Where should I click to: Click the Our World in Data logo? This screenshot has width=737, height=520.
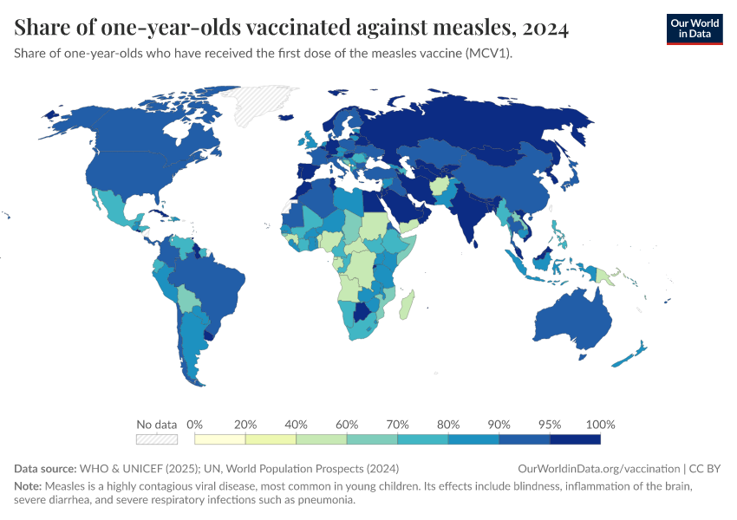point(694,29)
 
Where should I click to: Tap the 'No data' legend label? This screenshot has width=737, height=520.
point(156,425)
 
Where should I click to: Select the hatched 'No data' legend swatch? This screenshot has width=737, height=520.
point(157,439)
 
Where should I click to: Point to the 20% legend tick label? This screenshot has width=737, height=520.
point(245,425)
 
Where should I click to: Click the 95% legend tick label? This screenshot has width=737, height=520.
point(550,425)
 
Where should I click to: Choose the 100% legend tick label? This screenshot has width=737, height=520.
point(601,425)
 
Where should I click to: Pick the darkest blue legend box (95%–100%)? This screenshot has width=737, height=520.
point(575,439)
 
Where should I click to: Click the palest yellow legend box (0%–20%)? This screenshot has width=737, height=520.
point(220,439)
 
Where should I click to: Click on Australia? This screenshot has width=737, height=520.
point(572,321)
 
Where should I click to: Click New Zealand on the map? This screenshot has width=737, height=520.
point(631,355)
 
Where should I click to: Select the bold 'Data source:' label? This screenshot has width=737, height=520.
point(45,468)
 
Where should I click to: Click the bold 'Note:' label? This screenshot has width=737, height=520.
point(29,485)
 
